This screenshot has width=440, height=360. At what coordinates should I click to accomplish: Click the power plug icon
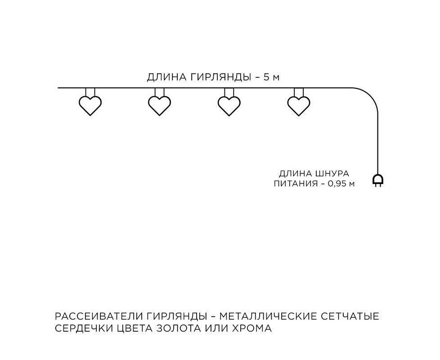[378, 181]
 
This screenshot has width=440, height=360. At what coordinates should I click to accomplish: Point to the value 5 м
[271, 77]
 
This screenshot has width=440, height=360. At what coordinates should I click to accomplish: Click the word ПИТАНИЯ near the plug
[294, 184]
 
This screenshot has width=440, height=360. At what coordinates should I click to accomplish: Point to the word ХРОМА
[252, 328]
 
